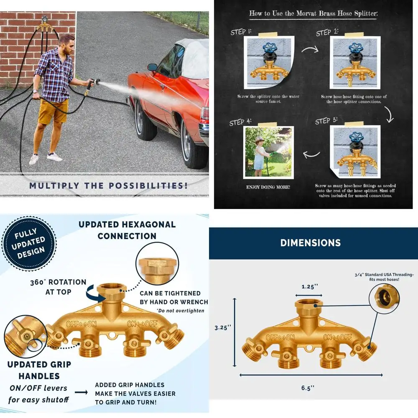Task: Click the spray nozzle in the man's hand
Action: tap(90, 83)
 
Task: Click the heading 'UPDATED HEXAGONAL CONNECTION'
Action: tap(127, 230)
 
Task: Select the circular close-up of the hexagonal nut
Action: tap(154, 268)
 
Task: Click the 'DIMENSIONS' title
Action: tap(310, 242)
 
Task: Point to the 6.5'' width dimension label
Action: tap(307, 387)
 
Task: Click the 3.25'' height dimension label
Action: tap(223, 328)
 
